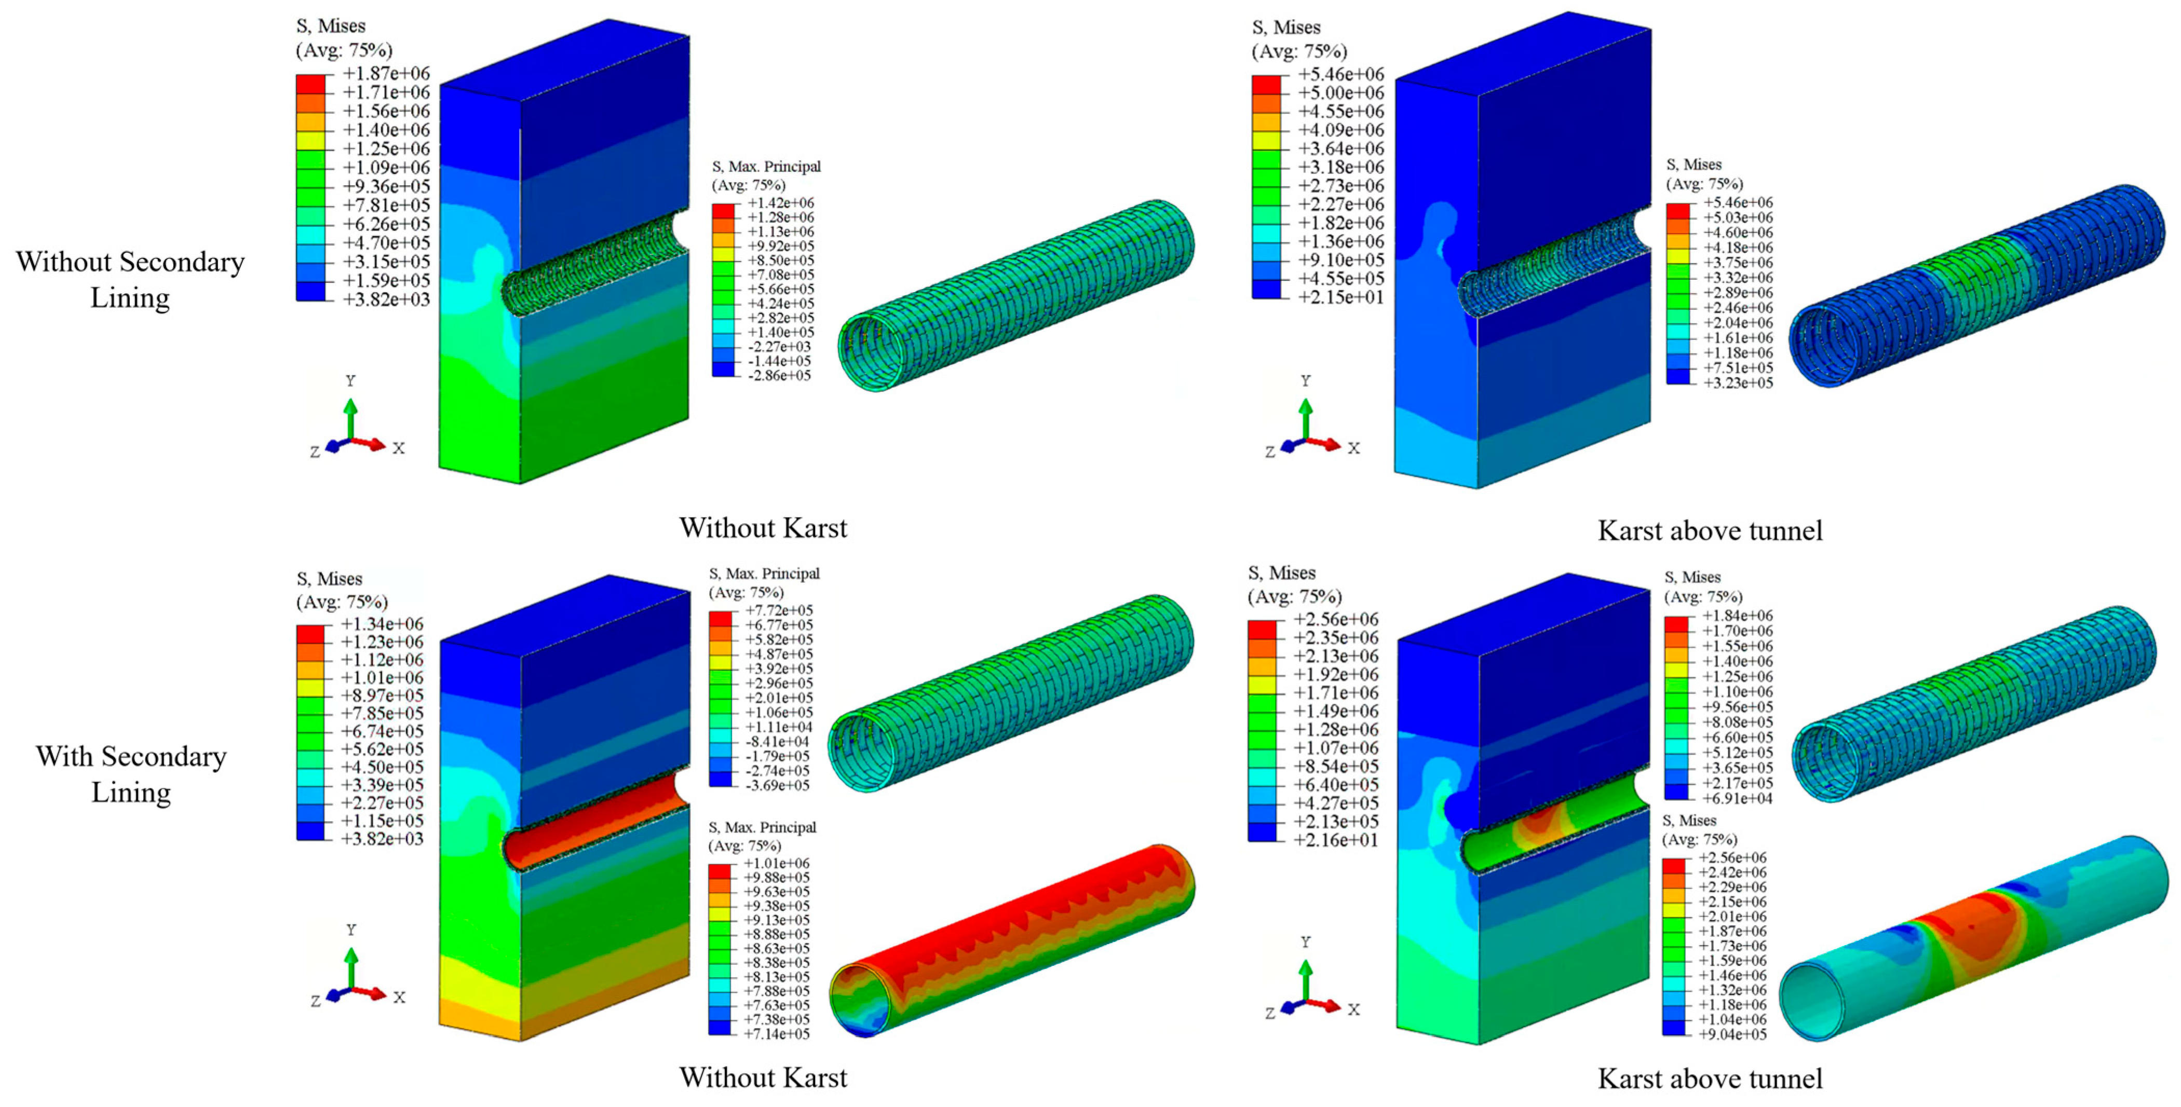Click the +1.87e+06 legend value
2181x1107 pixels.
[x=386, y=74]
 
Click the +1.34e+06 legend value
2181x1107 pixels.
[x=382, y=624]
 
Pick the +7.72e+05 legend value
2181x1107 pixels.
[x=779, y=610]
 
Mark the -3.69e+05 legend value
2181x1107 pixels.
[x=777, y=785]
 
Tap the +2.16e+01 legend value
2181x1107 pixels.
[x=1336, y=840]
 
